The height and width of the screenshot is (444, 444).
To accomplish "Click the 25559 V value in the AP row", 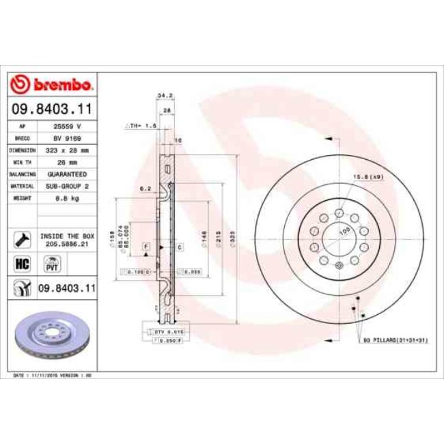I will coord(68,126).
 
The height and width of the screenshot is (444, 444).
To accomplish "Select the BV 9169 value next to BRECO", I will coord(68,138).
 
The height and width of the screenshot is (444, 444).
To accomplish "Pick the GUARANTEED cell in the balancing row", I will coord(68,174).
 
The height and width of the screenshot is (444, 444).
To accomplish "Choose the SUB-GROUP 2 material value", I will coord(68,186).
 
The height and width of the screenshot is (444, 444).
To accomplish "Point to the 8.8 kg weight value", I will coord(68,197).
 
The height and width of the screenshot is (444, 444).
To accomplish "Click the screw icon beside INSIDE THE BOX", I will coord(20,239).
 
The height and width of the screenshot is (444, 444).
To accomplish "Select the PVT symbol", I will coord(51,264).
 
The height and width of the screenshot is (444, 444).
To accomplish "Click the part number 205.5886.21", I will coord(68,243).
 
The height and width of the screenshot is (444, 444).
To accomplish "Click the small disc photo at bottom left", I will coord(51,337).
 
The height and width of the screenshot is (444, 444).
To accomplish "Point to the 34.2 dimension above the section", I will coord(163,96).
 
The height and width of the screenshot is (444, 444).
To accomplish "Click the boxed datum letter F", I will coord(146,245).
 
